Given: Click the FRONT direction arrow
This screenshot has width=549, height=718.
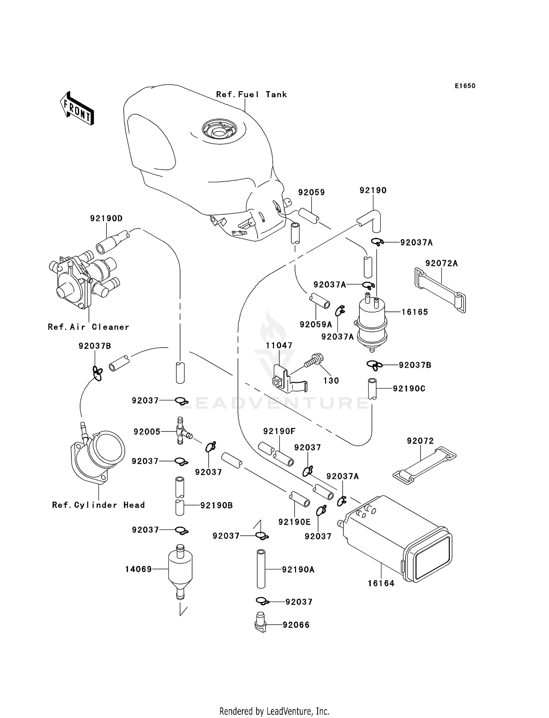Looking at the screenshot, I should [x=77, y=109].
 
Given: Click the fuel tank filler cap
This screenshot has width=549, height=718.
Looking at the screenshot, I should [x=219, y=129].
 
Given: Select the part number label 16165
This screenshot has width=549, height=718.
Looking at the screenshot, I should [x=414, y=312].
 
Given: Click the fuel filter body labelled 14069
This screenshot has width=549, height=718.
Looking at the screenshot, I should [x=180, y=570].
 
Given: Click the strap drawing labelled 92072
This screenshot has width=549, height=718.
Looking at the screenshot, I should [x=424, y=463].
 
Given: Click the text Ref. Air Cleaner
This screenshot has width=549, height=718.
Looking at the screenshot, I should [x=88, y=327].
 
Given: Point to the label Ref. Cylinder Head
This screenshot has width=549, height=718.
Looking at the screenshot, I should [x=98, y=505].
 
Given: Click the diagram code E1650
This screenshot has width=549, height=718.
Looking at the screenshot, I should [x=465, y=86].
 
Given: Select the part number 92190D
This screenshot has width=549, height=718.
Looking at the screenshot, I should [x=106, y=218].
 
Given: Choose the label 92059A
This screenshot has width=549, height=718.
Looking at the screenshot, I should [x=315, y=324].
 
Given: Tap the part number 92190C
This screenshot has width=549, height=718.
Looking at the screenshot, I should [x=409, y=388].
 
